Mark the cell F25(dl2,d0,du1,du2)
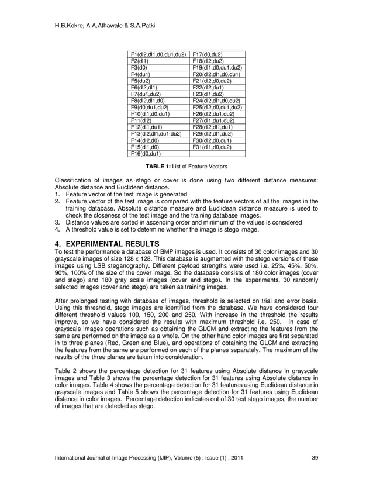tap(217, 108)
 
